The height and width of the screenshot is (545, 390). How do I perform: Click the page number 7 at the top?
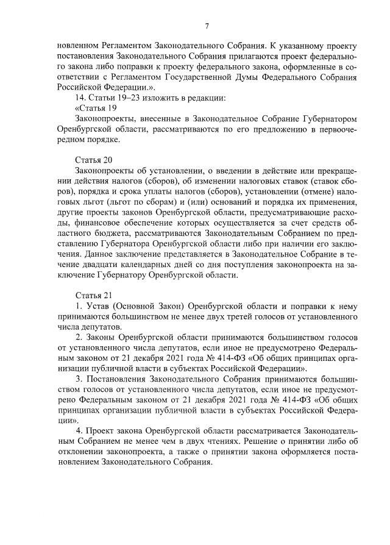tap(207, 25)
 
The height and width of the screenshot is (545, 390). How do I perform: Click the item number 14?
tap(79, 97)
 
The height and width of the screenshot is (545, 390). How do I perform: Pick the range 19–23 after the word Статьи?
tap(129, 97)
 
